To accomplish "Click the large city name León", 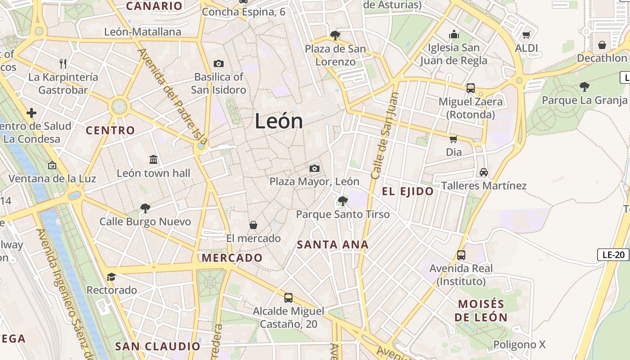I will click(x=279, y=121).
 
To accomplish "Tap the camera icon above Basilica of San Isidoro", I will click(x=219, y=64).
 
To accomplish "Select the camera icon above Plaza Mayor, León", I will click(x=315, y=169).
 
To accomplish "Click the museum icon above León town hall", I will click(x=153, y=160).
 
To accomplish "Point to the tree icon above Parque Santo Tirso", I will click(x=343, y=201).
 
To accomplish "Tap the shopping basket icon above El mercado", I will click(x=253, y=225).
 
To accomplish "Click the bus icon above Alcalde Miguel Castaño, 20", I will click(x=288, y=298).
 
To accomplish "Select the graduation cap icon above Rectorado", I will click(x=111, y=277).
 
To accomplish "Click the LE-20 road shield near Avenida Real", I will click(x=613, y=255).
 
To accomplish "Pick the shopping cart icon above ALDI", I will click(x=526, y=35).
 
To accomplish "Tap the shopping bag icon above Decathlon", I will click(x=602, y=45).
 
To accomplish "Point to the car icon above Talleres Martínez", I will click(x=484, y=172).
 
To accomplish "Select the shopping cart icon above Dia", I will click(x=454, y=139).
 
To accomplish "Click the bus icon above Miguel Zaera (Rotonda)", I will click(x=471, y=88).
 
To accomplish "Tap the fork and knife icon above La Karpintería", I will click(x=63, y=64).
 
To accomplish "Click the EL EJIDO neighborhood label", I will click(x=408, y=192).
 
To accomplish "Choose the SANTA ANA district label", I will click(x=333, y=245).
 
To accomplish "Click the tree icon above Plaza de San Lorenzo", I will click(x=335, y=36).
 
